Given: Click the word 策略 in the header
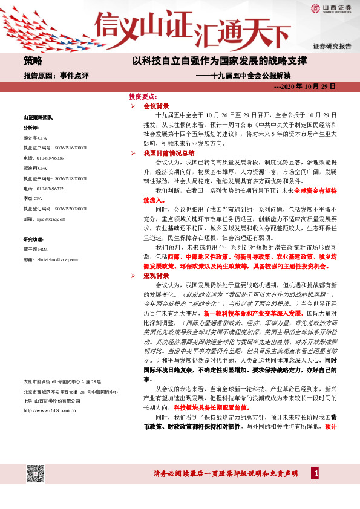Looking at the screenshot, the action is point(33,61).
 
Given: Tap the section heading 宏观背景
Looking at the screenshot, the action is point(156,275).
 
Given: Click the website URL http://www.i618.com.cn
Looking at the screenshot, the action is point(48,410).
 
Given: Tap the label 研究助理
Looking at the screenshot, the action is point(34,239).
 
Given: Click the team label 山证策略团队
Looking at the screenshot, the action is point(38,116).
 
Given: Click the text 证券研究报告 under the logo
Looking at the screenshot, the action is point(332,47).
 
